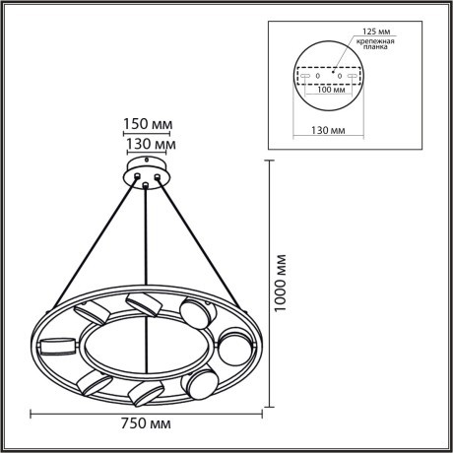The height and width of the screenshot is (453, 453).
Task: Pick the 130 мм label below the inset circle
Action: (330, 127)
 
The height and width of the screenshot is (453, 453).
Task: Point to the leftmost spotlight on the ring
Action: (57, 345)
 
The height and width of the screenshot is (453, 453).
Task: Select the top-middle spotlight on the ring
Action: (143, 301)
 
